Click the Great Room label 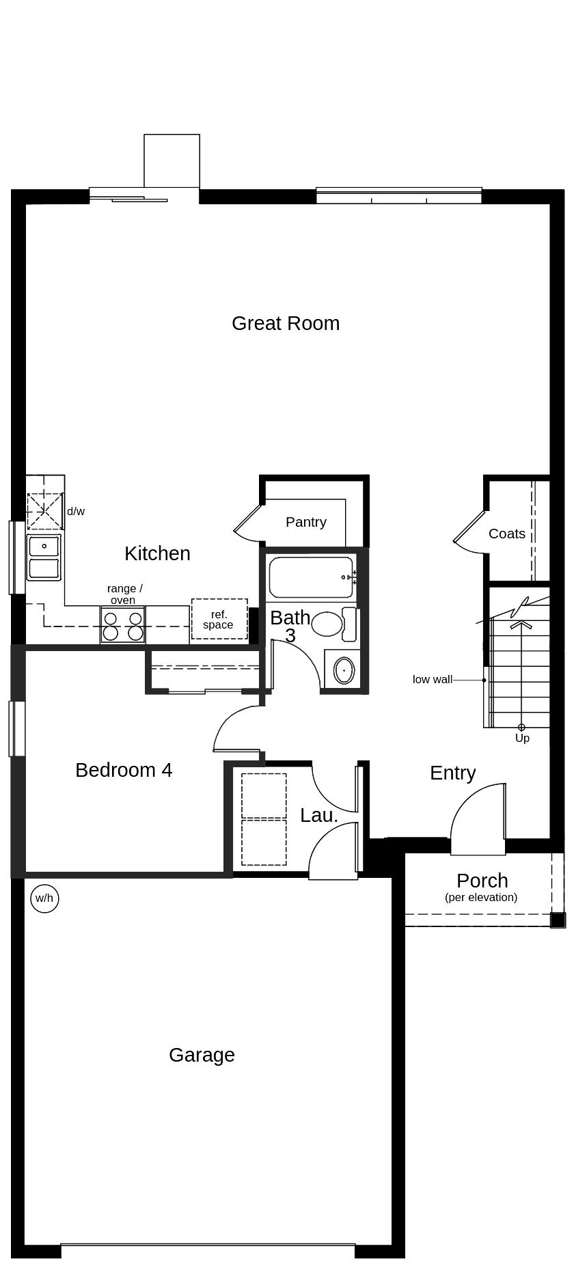coord(286,323)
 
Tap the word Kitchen coord(157,553)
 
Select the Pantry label coord(305,522)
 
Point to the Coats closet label coord(507,534)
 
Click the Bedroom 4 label coord(124,770)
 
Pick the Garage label coord(202,1055)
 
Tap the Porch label coord(482,881)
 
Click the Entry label coord(452,773)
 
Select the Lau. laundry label coord(319,815)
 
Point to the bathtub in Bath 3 coord(311,577)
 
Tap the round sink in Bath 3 coord(344,671)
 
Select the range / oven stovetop coord(123,626)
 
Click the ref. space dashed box coord(219,620)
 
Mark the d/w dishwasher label coord(76,511)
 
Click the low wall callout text coord(432,680)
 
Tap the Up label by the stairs coord(522,738)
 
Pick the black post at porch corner coord(558,920)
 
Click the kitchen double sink coord(44,557)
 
